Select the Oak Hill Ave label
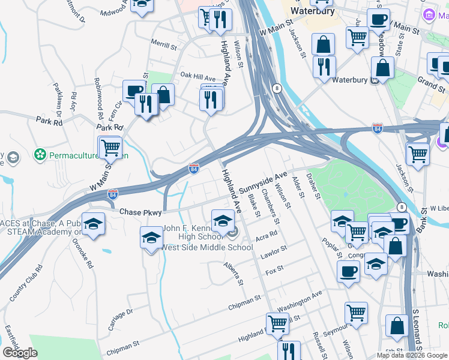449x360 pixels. point(197,77)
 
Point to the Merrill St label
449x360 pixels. point(164,46)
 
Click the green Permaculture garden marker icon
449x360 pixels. point(40,155)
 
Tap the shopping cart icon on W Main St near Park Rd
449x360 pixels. point(110,147)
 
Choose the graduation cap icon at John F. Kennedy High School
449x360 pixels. point(223,220)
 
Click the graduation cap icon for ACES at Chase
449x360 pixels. point(93,224)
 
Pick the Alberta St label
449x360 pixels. point(233,273)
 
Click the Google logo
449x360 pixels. point(20,353)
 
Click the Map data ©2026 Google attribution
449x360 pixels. point(412,355)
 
